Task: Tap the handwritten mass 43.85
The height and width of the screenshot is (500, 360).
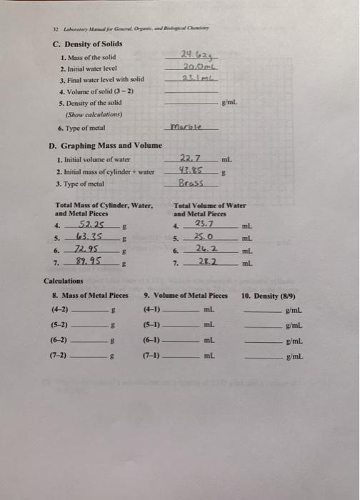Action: tap(190, 171)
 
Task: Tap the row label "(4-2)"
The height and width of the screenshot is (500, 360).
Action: tap(60, 310)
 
